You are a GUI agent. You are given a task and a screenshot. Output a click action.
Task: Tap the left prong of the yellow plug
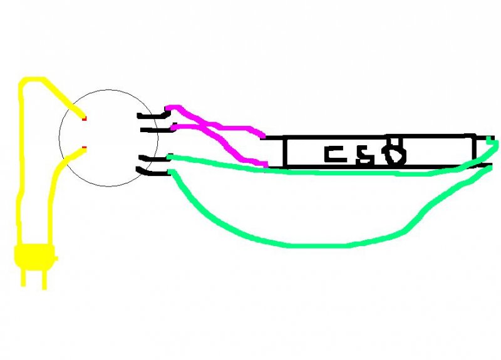24,275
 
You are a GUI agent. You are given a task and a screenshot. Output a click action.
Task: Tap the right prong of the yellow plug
44,276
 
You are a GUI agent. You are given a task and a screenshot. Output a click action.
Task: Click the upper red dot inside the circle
85,118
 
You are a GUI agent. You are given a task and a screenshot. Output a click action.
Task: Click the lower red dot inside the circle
85,148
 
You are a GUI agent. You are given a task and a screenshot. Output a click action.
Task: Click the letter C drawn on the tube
334,153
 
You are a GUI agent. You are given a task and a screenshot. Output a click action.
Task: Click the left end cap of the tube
274,152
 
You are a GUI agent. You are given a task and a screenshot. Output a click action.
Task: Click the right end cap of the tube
481,150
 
